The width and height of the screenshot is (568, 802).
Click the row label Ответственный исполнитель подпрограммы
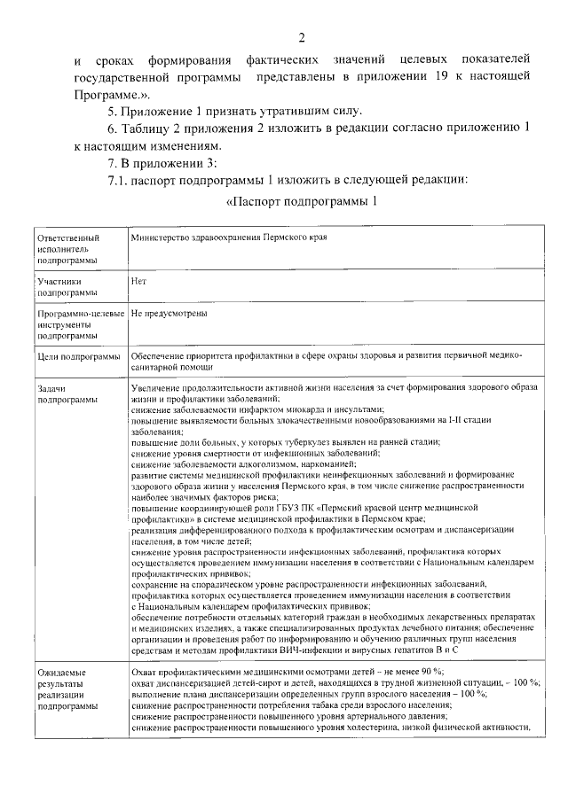(x=67, y=250)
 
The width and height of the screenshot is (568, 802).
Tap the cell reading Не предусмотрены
(x=169, y=314)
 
